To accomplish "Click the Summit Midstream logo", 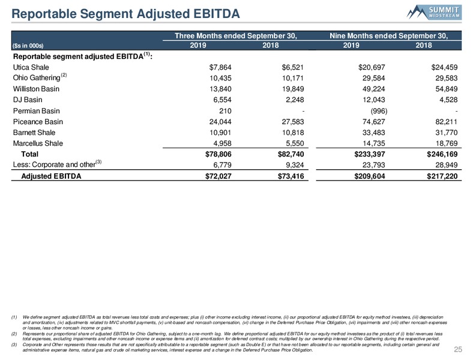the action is point(434,13).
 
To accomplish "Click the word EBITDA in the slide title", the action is point(217,14).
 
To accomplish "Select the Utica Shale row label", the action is point(31,67).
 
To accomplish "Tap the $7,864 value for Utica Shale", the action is point(220,67).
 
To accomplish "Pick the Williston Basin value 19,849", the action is point(293,89).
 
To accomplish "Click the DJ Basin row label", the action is point(28,100).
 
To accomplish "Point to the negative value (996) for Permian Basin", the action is point(379,111).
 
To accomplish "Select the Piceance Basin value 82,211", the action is point(446,122).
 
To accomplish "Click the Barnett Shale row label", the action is point(34,133).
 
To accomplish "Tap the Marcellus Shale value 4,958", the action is point(222,143).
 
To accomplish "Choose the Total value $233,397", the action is point(370,154).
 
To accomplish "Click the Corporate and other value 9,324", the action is point(295,165).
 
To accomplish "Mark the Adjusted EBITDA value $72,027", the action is point(218,176).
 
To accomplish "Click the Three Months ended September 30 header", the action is point(236,35).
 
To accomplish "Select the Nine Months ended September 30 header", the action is point(388,35).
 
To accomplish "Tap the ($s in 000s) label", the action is point(28,46).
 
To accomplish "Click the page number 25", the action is point(458,349).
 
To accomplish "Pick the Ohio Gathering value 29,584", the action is point(374,78).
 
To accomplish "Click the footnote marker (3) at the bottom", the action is point(14,344).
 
